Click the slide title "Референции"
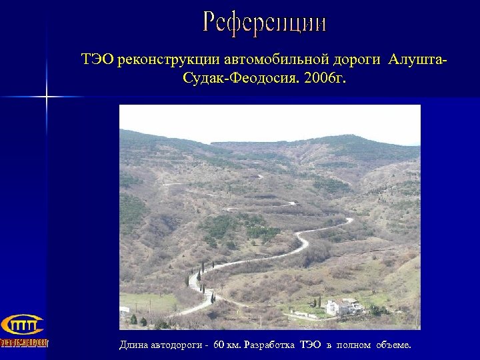tap(265, 24)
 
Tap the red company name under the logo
tap(24, 343)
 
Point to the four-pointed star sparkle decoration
tap(47, 97)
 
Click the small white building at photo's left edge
tap(124, 310)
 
